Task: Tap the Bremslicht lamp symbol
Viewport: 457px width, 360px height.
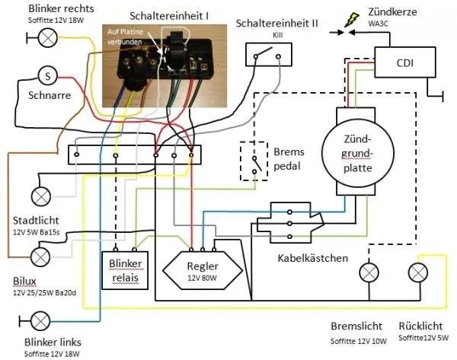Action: click(371, 272)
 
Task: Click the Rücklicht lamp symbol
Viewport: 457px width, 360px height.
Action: click(418, 272)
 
